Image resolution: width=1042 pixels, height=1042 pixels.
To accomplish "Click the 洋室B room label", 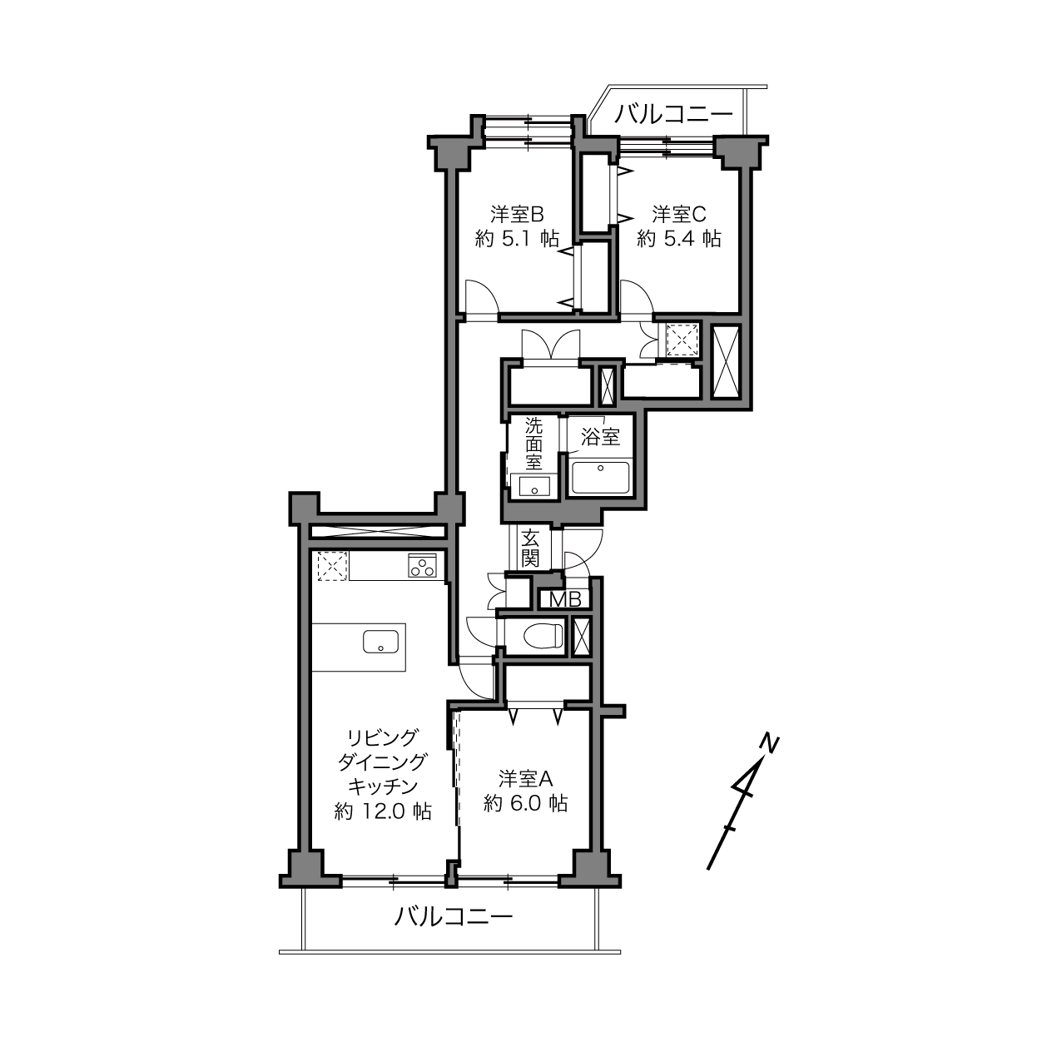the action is click(517, 214).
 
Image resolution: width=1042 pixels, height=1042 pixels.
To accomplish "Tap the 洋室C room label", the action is click(678, 214).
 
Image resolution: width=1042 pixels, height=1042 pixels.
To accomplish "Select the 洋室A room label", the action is click(525, 779).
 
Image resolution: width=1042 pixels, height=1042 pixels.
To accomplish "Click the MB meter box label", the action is click(565, 600).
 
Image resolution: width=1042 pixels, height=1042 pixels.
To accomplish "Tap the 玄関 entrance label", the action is click(530, 548).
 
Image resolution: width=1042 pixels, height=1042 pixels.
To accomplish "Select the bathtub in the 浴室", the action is click(600, 478).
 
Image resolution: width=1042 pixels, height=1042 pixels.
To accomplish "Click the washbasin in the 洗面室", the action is click(534, 487).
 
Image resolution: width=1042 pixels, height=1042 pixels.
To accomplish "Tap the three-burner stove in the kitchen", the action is click(422, 566).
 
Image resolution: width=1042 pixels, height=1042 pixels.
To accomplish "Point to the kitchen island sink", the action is click(381, 642).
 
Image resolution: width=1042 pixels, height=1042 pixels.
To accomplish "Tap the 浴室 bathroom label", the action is click(600, 437).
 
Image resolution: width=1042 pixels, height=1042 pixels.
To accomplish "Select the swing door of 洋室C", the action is click(637, 296).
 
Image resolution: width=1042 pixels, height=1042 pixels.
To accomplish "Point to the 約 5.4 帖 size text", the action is click(678, 239).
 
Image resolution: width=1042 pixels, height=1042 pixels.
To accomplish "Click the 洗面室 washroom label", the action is click(533, 444).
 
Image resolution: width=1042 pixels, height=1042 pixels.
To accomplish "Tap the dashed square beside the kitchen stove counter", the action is click(331, 566).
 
